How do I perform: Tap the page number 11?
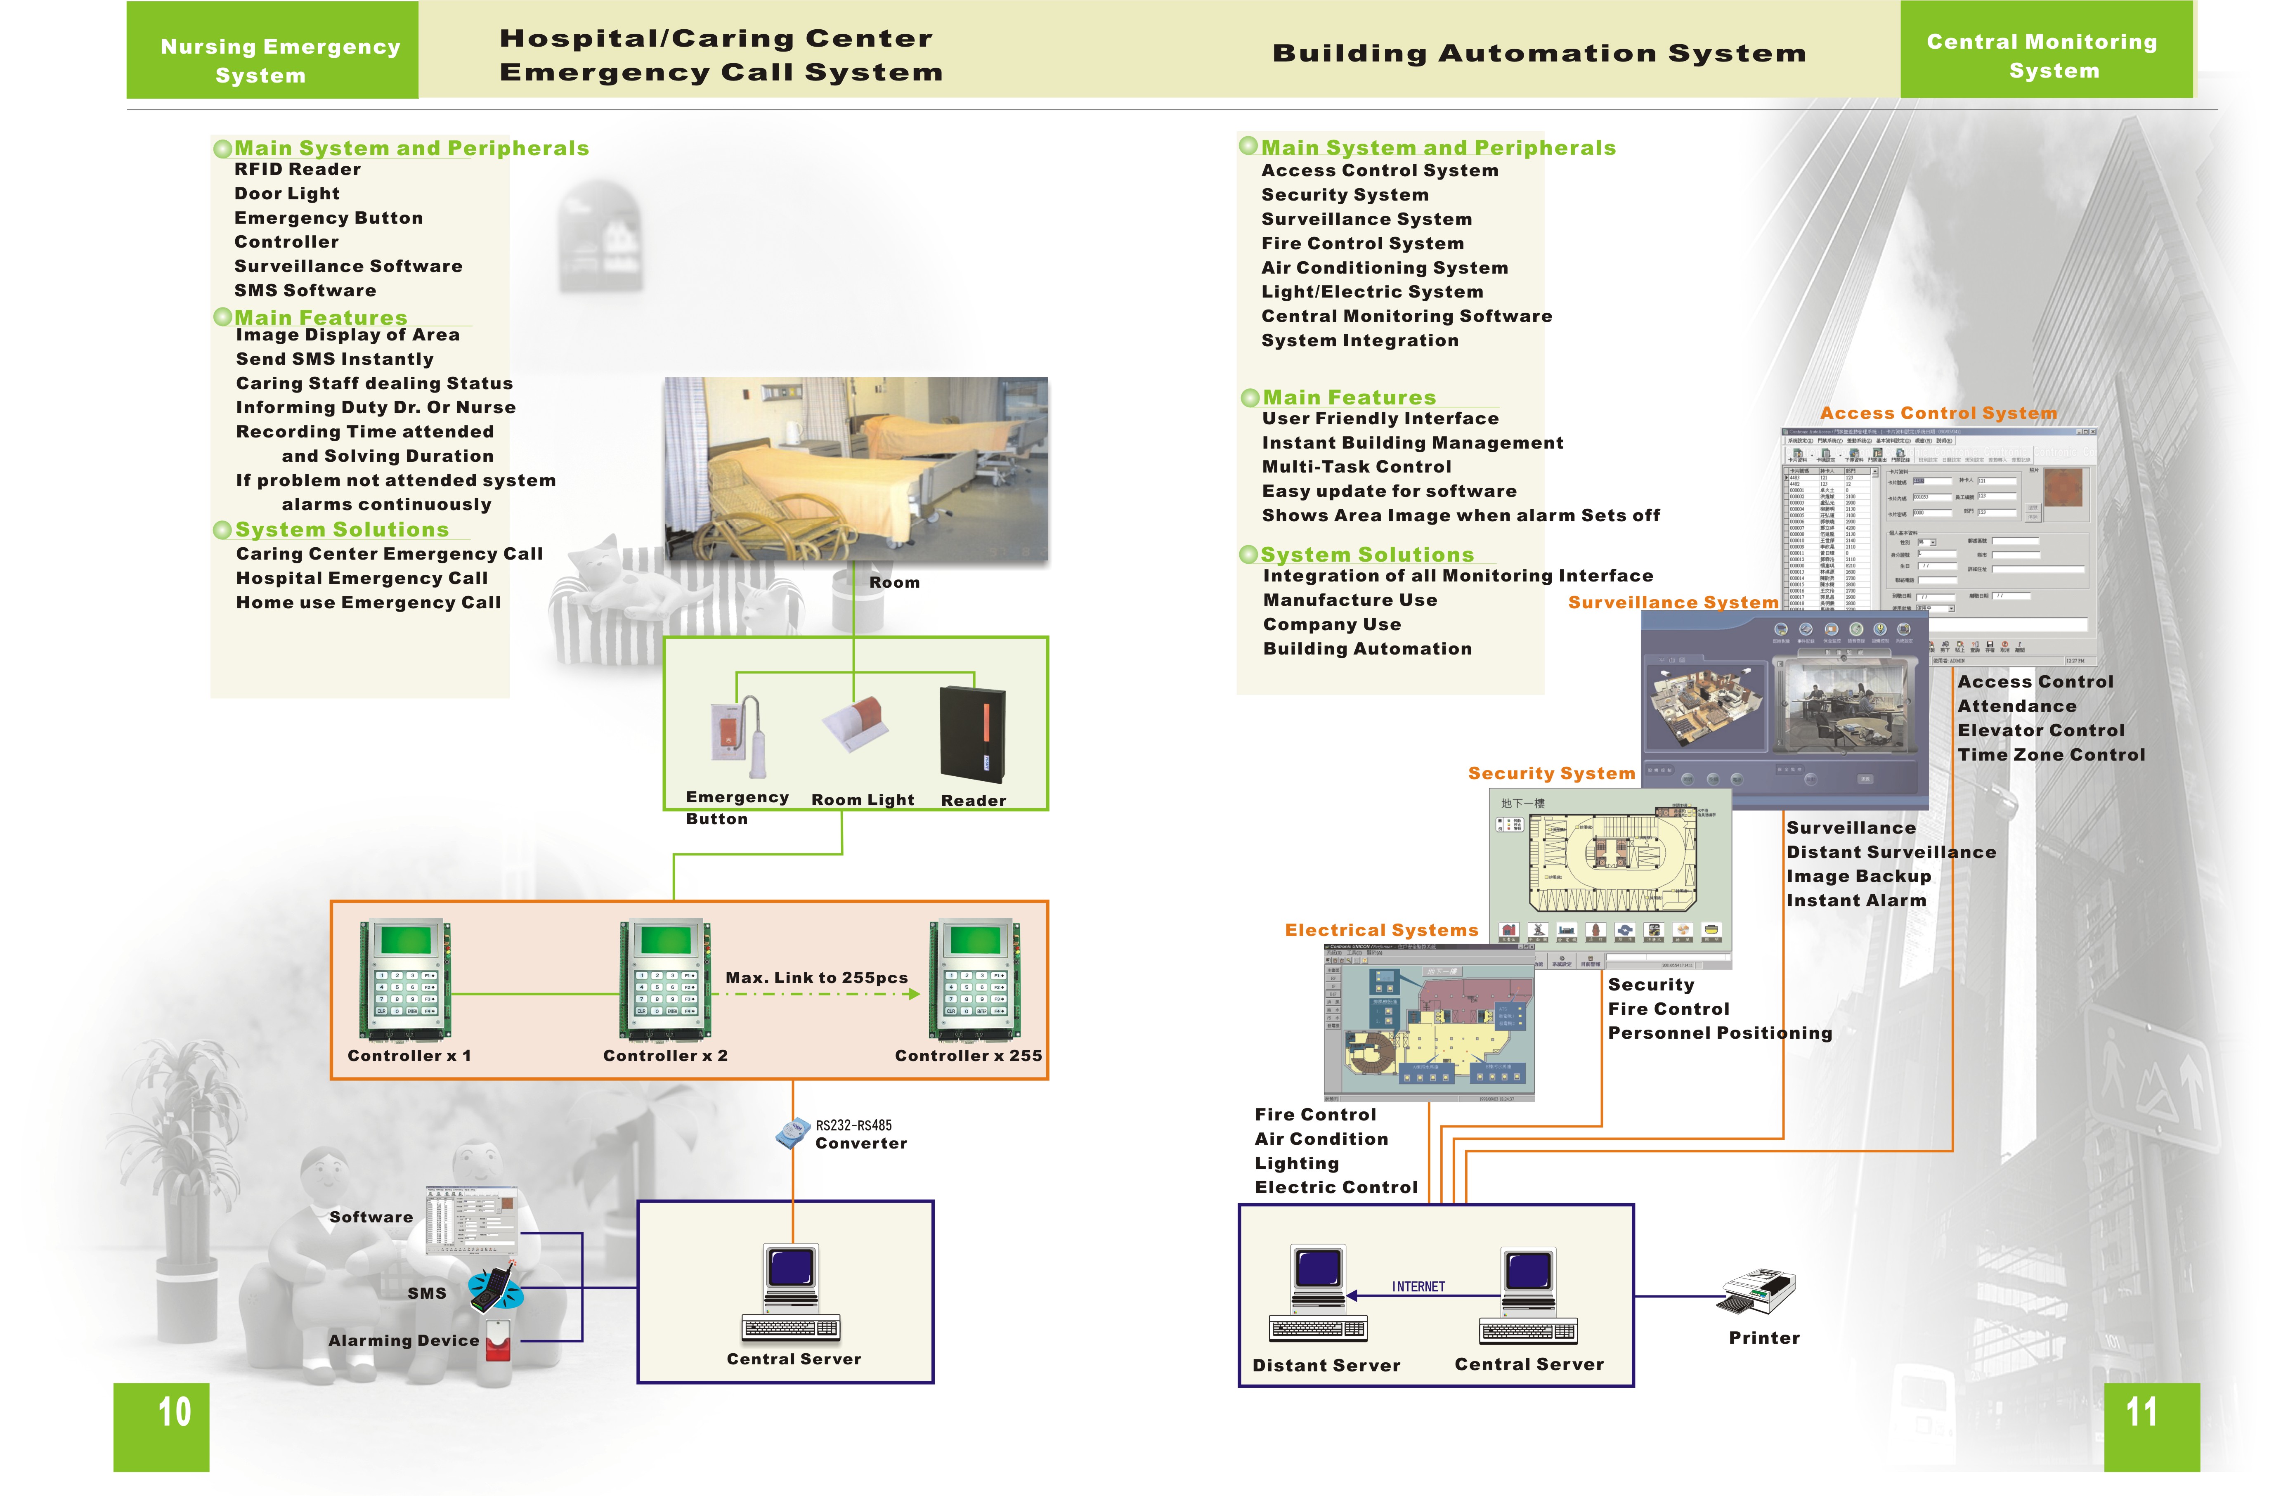pyautogui.click(x=2141, y=1412)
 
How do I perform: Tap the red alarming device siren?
pyautogui.click(x=498, y=1340)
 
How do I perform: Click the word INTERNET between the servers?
pyautogui.click(x=1418, y=1287)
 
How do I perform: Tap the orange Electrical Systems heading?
pyautogui.click(x=1381, y=930)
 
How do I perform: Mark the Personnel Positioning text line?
pyautogui.click(x=1719, y=1033)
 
